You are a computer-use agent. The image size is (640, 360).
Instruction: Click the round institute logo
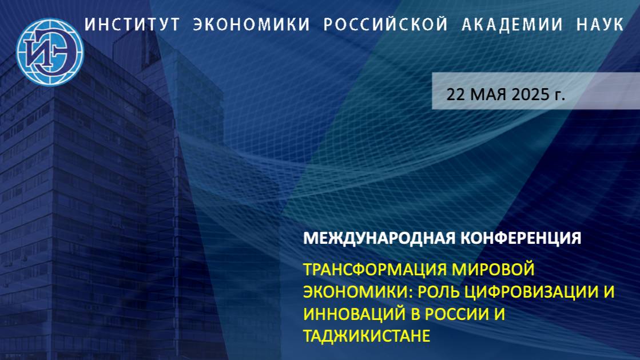click(50, 52)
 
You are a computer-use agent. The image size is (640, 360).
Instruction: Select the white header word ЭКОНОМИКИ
click(251, 25)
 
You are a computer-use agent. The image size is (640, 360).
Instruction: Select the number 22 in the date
click(456, 94)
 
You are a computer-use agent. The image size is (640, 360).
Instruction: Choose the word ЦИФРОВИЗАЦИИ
click(530, 291)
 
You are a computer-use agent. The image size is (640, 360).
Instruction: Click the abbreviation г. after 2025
click(559, 94)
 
